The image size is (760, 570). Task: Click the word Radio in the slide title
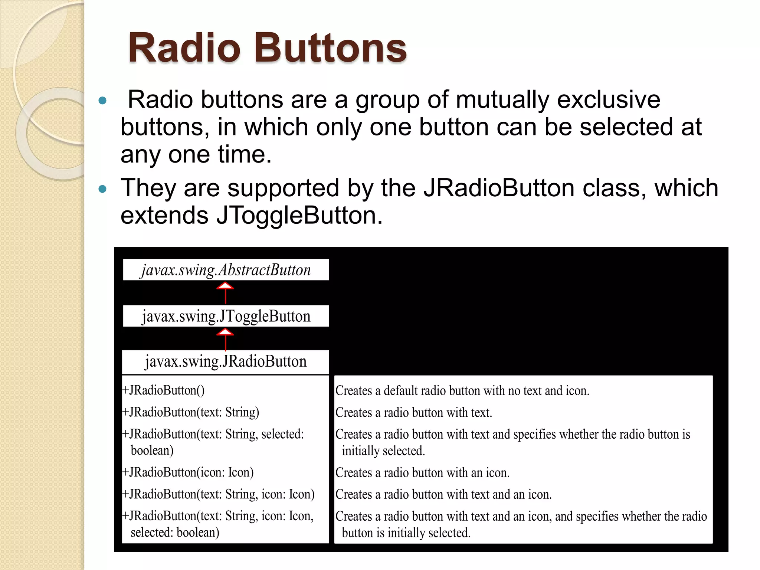tap(184, 48)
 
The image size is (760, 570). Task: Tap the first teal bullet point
tap(103, 101)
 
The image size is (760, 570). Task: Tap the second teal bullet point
tap(103, 189)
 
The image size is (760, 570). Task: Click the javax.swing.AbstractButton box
tap(226, 270)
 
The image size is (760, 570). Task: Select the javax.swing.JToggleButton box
tap(226, 316)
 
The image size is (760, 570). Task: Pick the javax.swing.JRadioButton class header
tap(226, 362)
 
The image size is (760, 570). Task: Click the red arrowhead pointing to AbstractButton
tap(225, 286)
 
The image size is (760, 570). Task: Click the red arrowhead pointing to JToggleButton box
tap(225, 332)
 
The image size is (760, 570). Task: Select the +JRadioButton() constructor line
tap(163, 390)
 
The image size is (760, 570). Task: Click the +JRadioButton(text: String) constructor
tap(191, 412)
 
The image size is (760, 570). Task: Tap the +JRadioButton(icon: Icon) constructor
tap(188, 472)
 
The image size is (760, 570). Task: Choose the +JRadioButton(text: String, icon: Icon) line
tap(218, 494)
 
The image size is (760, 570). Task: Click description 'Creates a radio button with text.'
tap(413, 413)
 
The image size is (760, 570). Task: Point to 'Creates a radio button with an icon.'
tap(422, 473)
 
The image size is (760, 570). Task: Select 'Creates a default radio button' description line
tap(462, 391)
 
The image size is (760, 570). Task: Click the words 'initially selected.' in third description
tap(383, 451)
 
